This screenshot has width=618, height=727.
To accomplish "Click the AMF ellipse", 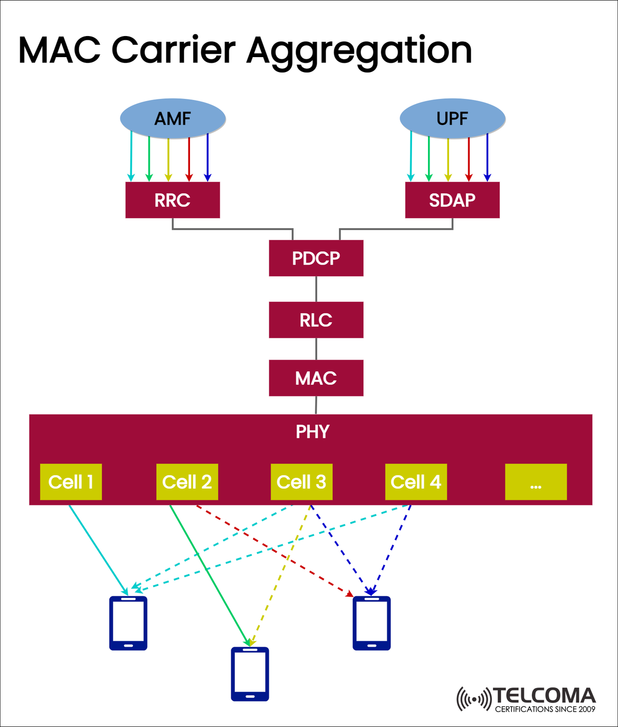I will (173, 118).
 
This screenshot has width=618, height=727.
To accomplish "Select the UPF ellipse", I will (452, 118).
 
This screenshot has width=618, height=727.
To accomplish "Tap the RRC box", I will (173, 200).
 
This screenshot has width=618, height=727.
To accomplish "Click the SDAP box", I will (452, 200).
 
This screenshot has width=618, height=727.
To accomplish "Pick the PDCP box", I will (316, 258).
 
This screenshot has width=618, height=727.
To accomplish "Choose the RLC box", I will (316, 320).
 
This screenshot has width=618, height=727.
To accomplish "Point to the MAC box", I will (316, 378).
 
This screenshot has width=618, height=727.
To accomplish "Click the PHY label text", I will (312, 431).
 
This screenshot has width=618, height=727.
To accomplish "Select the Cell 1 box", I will (71, 482).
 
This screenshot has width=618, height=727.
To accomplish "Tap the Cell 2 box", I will (187, 482).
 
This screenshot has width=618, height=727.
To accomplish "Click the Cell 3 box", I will (301, 482).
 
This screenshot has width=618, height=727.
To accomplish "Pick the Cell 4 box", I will (416, 482).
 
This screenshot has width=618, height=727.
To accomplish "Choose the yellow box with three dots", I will (536, 482).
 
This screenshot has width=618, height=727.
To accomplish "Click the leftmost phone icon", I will (128, 623).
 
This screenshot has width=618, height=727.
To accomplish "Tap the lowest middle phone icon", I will (250, 674).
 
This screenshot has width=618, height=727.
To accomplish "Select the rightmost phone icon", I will (371, 623).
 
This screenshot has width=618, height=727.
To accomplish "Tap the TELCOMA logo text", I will (544, 696).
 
